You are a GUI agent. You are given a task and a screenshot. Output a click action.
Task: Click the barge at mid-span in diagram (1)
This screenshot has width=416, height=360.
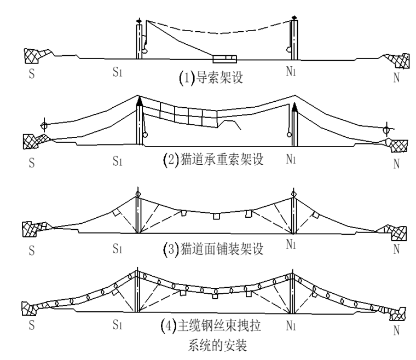click(x=224, y=57)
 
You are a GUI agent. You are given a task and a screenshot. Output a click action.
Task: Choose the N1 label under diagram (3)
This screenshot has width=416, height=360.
click(x=291, y=245)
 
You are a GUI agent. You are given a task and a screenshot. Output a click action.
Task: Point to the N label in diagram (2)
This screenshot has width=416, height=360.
click(x=395, y=162)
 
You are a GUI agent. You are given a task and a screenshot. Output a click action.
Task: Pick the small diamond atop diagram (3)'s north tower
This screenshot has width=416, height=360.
click(x=294, y=194)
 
